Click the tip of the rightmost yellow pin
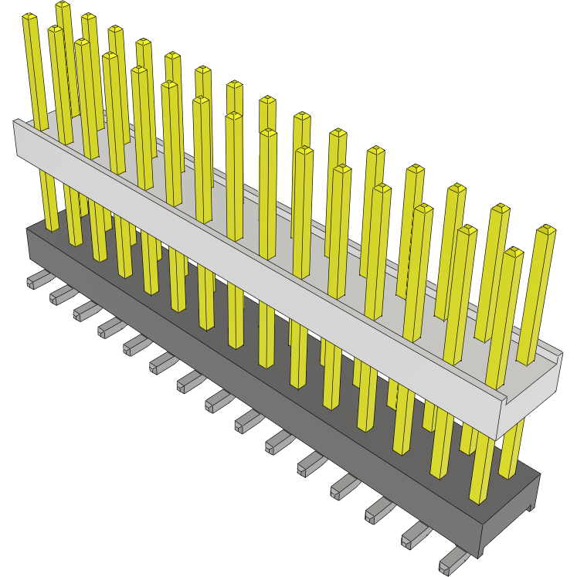pos(547,229)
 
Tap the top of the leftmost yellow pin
pos(29,17)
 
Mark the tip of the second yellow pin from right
pos(514,252)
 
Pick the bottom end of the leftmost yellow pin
pos(52,226)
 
